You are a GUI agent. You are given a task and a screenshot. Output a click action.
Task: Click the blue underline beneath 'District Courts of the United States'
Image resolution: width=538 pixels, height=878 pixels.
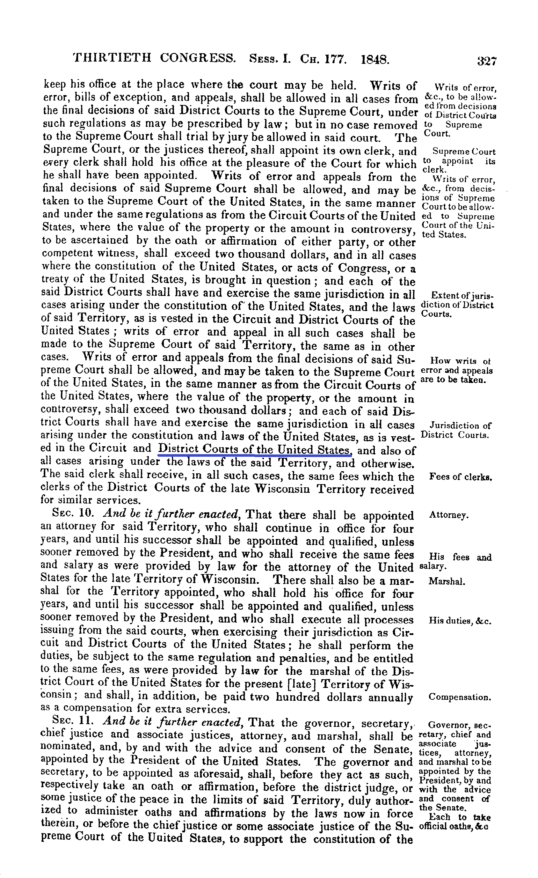255,455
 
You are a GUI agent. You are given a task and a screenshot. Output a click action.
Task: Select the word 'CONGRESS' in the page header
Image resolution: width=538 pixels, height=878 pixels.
198,58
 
